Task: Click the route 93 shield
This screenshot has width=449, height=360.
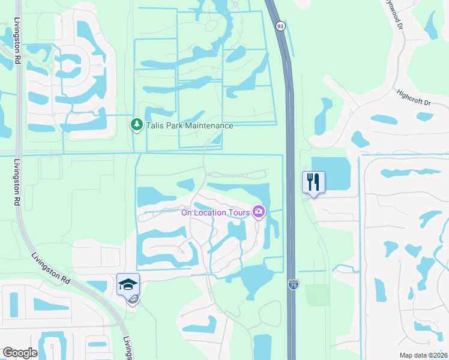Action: pyautogui.click(x=280, y=26)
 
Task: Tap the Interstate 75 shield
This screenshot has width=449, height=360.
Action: pyautogui.click(x=293, y=284)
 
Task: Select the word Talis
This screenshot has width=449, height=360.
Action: pyautogui.click(x=155, y=125)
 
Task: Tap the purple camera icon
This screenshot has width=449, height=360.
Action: pyautogui.click(x=259, y=211)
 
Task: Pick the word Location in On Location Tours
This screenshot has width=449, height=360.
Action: pyautogui.click(x=211, y=212)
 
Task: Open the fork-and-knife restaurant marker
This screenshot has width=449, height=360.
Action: pyautogui.click(x=313, y=182)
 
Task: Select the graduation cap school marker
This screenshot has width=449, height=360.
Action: pyautogui.click(x=128, y=284)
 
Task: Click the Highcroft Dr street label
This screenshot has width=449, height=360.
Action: pyautogui.click(x=414, y=98)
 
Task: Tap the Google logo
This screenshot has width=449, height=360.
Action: pyautogui.click(x=20, y=353)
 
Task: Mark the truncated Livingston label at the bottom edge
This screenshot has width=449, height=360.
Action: pyautogui.click(x=128, y=348)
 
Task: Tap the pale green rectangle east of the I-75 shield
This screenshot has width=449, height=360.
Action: pyautogui.click(x=318, y=295)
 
